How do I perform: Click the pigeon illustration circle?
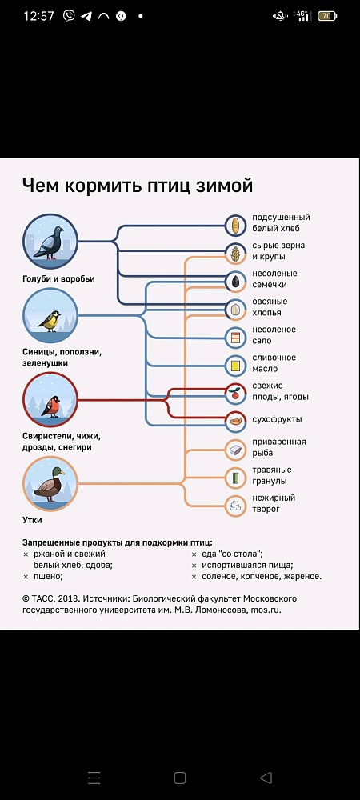(50, 242)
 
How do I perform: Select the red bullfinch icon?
(50, 400)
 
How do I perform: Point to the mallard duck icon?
(50, 484)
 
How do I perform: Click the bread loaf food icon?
(235, 226)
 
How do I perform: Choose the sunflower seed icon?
(235, 282)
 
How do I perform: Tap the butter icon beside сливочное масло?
(235, 366)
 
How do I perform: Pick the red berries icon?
(235, 394)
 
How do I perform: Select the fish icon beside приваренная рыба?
(235, 450)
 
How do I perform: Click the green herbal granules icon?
(235, 478)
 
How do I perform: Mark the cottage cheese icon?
(235, 506)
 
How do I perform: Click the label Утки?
(32, 521)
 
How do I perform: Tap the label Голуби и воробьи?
(58, 279)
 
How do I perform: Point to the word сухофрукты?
(277, 419)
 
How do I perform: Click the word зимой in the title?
(224, 186)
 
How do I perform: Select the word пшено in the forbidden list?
(47, 577)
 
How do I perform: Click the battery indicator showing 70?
(327, 16)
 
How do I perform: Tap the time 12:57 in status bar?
(38, 16)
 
